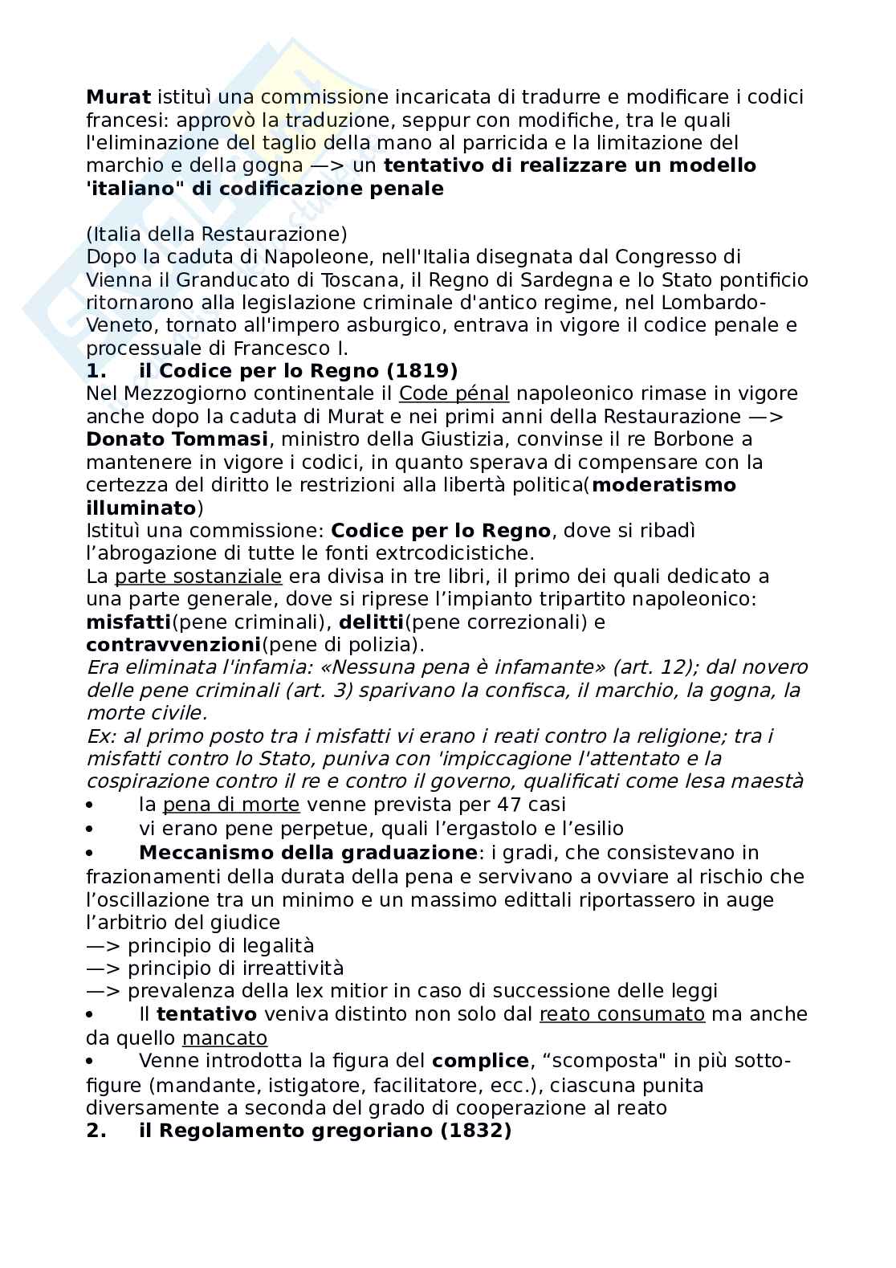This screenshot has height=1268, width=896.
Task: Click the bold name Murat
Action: point(118,97)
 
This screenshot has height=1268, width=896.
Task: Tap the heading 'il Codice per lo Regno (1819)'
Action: point(298,370)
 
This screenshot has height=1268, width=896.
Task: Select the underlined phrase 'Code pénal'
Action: point(454,393)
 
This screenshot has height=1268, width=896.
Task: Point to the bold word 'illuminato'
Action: point(141,508)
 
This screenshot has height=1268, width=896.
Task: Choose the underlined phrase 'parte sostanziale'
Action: point(198,576)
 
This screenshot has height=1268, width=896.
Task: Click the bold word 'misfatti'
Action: point(128,622)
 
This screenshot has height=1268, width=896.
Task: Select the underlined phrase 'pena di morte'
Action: point(231,804)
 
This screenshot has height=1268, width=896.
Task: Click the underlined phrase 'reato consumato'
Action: point(622,1014)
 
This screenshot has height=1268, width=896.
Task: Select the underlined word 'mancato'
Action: point(225,1038)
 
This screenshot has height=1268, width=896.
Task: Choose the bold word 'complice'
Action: point(480,1061)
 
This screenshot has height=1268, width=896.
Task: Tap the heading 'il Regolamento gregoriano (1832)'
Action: point(324,1131)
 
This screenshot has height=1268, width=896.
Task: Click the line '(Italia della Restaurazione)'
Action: point(217,234)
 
